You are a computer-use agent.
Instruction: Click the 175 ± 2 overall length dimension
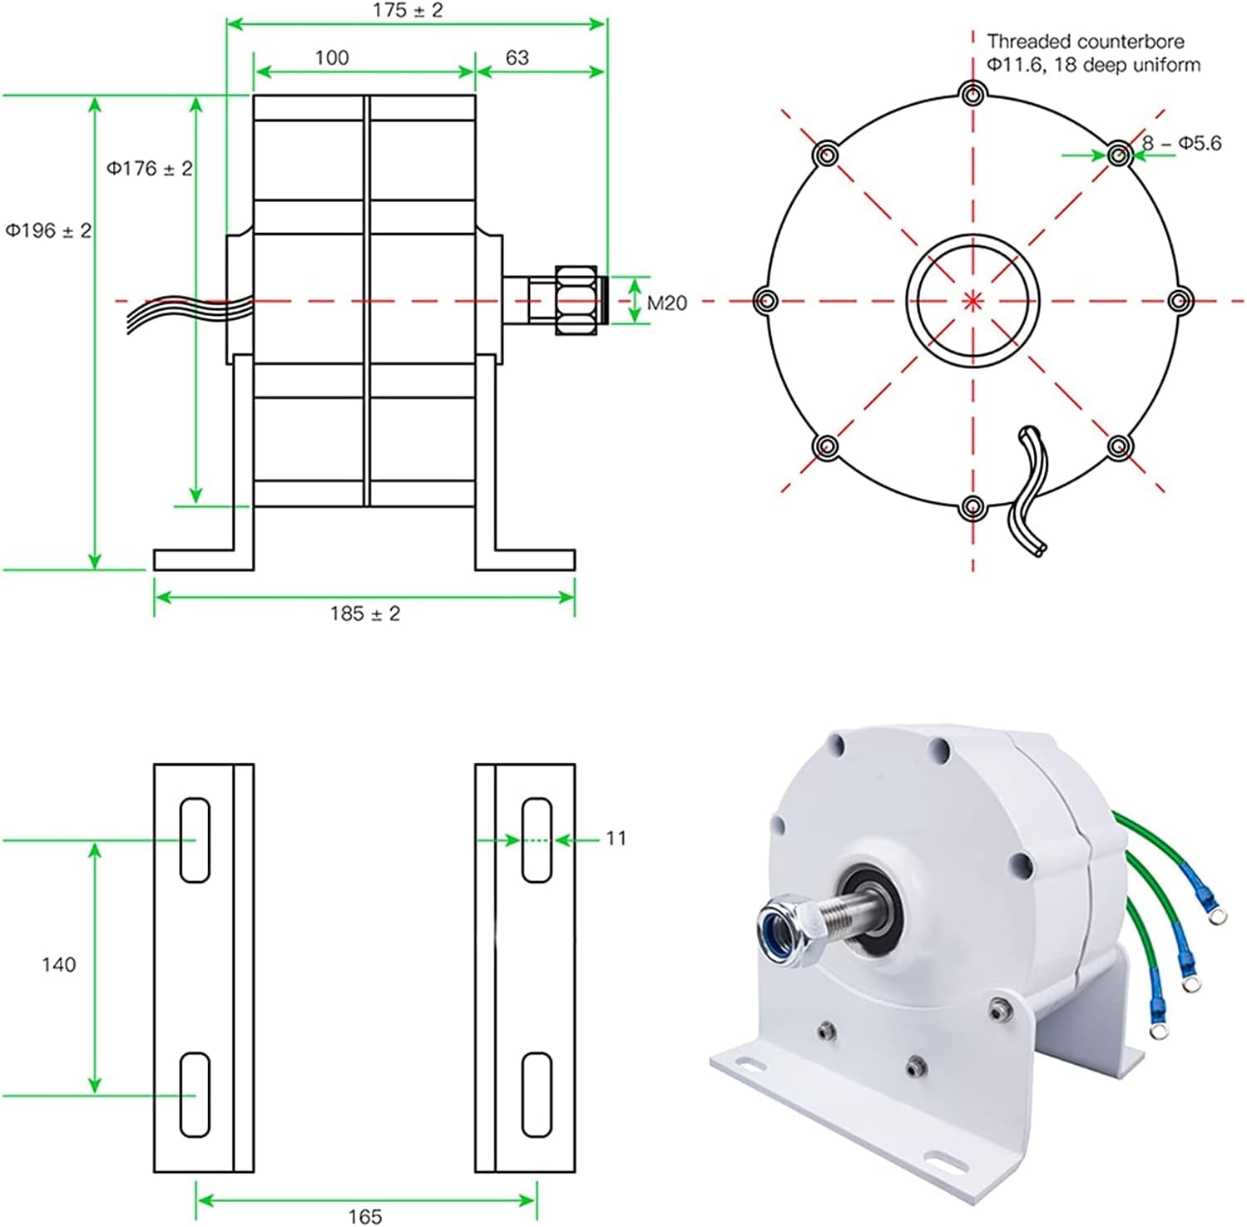[x=408, y=11]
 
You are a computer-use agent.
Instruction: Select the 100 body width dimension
[x=331, y=57]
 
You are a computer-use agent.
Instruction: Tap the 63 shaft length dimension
[x=517, y=57]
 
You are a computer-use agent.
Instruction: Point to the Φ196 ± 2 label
[x=48, y=230]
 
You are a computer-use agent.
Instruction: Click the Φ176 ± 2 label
[x=149, y=169]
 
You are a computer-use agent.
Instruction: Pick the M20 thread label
[x=666, y=303]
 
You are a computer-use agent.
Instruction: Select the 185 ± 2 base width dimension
[x=364, y=613]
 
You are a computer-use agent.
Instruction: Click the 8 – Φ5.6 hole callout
[x=1180, y=144]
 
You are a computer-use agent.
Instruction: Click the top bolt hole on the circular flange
[x=972, y=94]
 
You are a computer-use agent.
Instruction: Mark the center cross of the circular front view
[x=972, y=301]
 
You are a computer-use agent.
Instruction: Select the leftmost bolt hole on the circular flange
[x=765, y=300]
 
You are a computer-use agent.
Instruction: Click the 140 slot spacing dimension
[x=58, y=964]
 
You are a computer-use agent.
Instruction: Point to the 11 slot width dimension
[x=616, y=838]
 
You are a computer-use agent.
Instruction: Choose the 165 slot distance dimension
[x=364, y=1215]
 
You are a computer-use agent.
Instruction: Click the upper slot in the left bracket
[x=195, y=840]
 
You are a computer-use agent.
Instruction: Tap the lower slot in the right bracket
[x=537, y=1094]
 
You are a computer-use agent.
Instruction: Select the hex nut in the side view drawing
[x=576, y=301]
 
